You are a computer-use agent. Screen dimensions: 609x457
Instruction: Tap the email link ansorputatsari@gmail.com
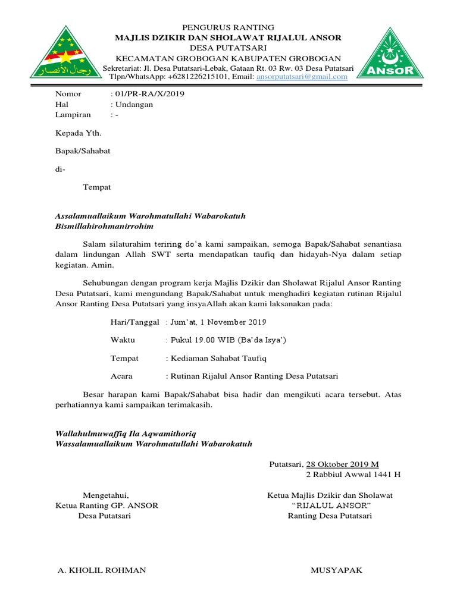pos(302,77)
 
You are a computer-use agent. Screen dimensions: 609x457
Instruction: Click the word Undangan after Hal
pos(134,104)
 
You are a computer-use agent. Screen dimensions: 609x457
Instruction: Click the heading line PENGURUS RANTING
pos(228,27)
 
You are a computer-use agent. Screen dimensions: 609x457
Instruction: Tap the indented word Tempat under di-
pos(96,187)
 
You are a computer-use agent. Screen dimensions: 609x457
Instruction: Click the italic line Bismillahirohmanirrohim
pos(104,227)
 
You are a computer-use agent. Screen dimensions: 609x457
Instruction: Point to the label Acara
pos(121,376)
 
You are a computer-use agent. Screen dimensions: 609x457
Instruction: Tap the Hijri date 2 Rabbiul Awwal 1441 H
pos(353,475)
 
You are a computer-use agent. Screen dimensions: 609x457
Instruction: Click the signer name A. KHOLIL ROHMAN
pos(102,570)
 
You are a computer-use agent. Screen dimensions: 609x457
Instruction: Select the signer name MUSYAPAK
pos(336,570)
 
